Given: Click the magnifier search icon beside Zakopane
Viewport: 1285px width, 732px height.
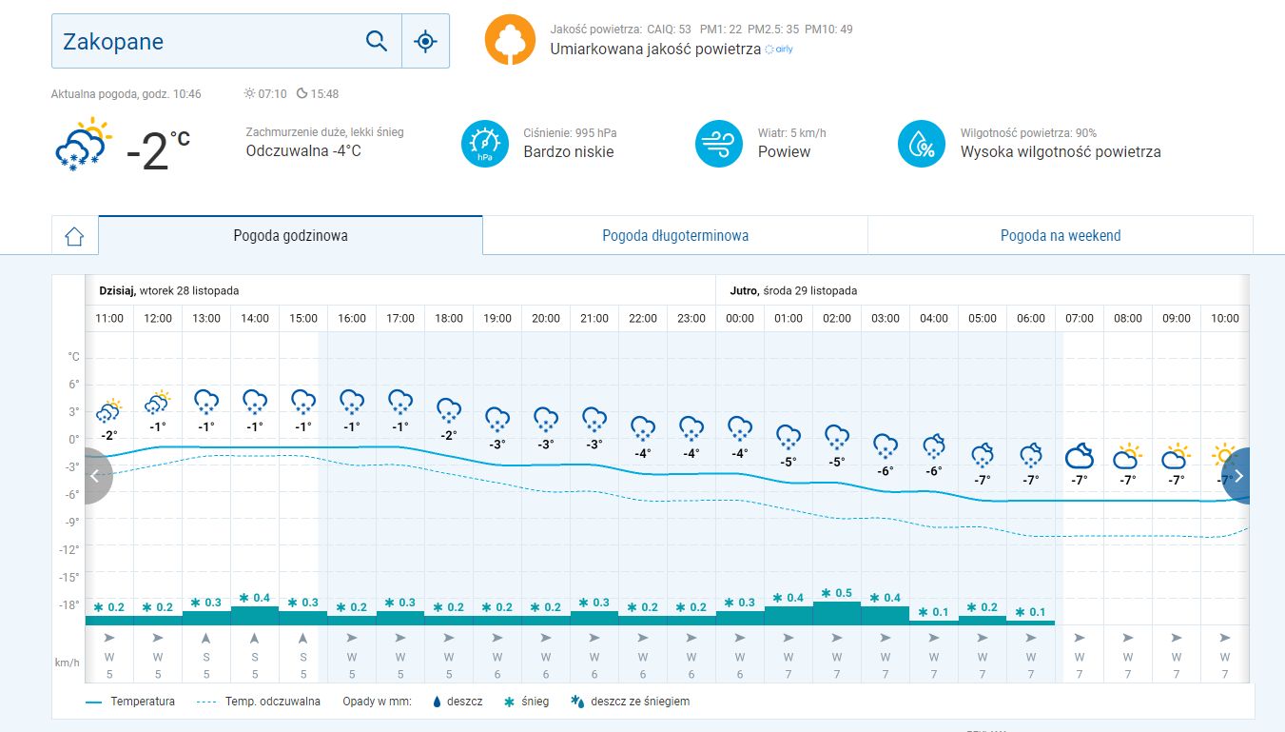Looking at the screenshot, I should pos(377,41).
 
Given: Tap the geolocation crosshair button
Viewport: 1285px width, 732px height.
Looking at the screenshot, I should pos(425,41).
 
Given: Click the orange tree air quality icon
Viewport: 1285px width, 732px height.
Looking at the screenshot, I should pos(510,40).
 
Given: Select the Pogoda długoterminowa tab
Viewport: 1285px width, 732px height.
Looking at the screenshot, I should pos(675,235).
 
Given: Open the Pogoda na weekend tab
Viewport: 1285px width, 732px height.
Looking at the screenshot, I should pos(1061,235).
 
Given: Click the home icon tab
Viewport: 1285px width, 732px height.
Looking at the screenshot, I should pos(75,236).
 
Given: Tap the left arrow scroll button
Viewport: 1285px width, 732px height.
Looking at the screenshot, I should pos(95,476).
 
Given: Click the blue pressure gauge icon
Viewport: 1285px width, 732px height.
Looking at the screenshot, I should pos(485,144).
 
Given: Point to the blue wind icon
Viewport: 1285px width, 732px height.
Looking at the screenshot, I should pos(719,144).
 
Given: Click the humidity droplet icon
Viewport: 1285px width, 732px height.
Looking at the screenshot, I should pos(922,144).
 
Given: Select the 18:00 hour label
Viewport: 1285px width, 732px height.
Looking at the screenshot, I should pos(449,318).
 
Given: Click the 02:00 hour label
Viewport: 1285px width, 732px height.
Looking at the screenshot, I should pos(837,318).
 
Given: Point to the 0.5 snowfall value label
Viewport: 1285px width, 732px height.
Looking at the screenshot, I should pos(836,593).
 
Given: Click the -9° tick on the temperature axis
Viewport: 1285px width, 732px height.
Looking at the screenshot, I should pos(72,522).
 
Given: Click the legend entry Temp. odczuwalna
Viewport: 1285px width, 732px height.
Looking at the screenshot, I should pos(272,702).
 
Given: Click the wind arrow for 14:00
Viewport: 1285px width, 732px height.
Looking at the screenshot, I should pos(255,638).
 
